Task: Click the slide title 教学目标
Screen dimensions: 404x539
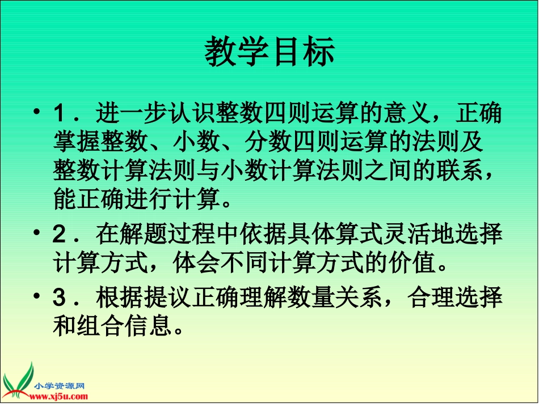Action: pyautogui.click(x=269, y=52)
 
